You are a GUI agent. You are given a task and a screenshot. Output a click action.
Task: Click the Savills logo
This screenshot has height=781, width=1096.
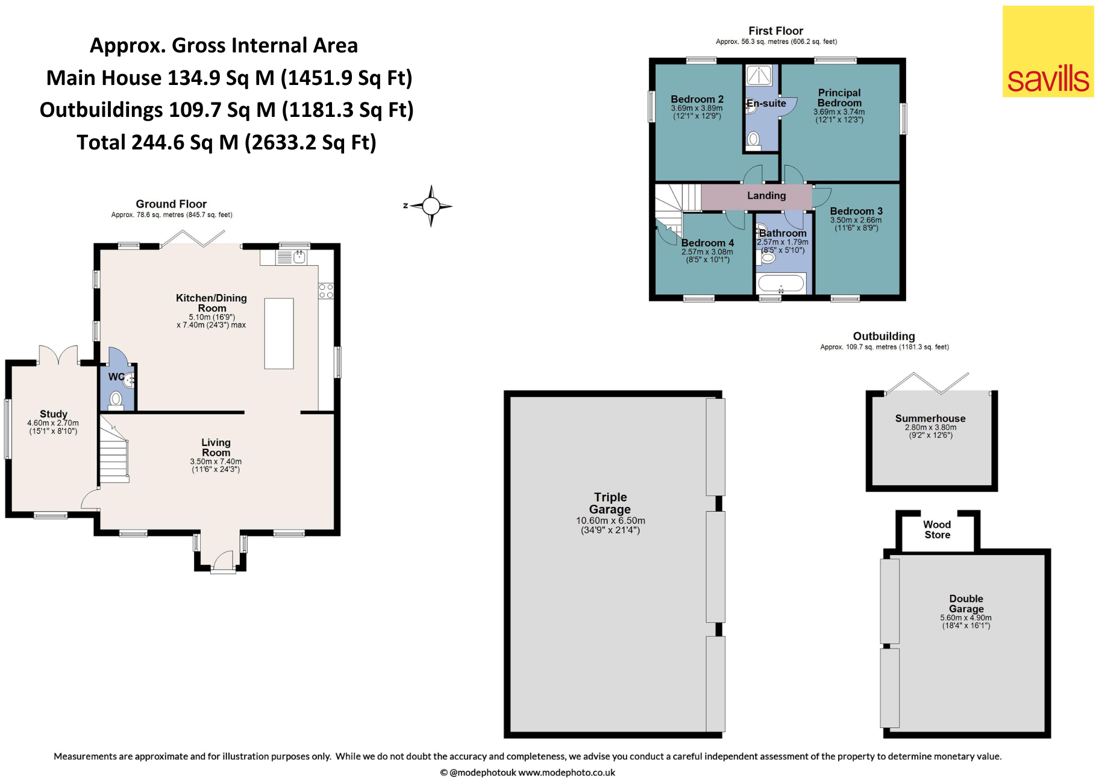(x=1048, y=51)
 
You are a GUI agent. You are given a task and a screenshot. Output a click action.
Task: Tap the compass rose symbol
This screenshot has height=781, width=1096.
(x=430, y=206)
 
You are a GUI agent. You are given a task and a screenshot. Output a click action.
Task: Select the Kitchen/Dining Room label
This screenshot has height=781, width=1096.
(x=211, y=303)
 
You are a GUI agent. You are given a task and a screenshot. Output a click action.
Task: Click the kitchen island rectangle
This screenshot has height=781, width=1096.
(x=279, y=333)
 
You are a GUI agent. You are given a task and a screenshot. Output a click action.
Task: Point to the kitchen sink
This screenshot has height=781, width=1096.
(x=292, y=258)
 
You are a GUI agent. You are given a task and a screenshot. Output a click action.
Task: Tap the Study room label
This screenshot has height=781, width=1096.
(x=54, y=414)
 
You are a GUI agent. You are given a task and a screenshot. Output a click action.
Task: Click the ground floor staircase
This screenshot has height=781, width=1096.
(x=114, y=450)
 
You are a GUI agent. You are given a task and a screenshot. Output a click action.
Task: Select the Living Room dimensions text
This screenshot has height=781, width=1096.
(x=216, y=465)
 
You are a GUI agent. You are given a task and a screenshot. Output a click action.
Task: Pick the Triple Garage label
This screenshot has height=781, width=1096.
(x=610, y=503)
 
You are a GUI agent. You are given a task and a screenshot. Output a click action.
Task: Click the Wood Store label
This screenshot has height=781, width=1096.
(x=938, y=530)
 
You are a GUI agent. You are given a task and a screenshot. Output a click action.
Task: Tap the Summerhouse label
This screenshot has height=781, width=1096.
(x=930, y=418)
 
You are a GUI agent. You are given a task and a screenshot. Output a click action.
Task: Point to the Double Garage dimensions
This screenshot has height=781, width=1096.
(x=966, y=621)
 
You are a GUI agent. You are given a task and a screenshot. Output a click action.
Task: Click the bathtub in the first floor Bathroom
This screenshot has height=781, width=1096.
(x=781, y=283)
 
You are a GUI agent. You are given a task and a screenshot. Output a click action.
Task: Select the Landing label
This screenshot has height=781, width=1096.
(x=766, y=195)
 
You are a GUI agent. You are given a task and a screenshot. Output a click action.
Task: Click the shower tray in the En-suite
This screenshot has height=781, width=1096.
(x=759, y=75)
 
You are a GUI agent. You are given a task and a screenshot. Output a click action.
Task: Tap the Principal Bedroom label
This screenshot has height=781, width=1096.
(x=839, y=98)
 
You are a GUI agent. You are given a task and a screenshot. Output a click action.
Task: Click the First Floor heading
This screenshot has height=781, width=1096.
(x=776, y=31)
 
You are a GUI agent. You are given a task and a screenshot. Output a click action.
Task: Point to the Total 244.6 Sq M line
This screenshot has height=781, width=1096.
(x=227, y=142)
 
